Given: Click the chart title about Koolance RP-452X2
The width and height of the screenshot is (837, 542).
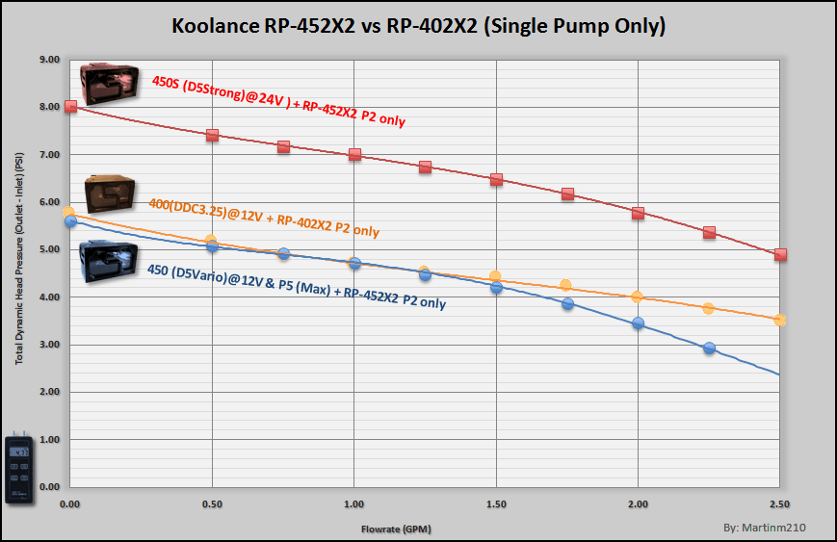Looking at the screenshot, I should click(418, 27).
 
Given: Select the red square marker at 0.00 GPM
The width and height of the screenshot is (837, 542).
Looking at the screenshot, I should click(70, 106).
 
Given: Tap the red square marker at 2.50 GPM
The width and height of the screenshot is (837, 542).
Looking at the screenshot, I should click(780, 255).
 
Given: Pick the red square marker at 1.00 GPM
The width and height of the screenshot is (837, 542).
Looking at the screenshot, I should click(354, 154).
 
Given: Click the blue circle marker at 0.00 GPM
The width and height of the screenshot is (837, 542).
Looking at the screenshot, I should click(70, 221).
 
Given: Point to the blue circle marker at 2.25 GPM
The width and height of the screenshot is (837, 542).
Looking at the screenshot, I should click(709, 348).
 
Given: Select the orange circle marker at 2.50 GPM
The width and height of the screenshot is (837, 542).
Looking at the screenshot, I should click(780, 320).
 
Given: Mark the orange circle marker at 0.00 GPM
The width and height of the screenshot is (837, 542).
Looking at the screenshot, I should click(68, 212).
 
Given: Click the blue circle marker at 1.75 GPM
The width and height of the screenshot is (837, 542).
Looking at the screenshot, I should click(567, 303).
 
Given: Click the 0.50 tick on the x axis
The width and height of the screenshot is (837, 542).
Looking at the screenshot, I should click(212, 503).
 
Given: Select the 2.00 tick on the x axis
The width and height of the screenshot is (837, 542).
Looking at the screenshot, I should click(638, 503).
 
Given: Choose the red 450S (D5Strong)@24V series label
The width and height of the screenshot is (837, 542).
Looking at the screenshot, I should click(278, 101).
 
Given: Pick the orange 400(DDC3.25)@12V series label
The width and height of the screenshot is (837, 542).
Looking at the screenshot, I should click(264, 218).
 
